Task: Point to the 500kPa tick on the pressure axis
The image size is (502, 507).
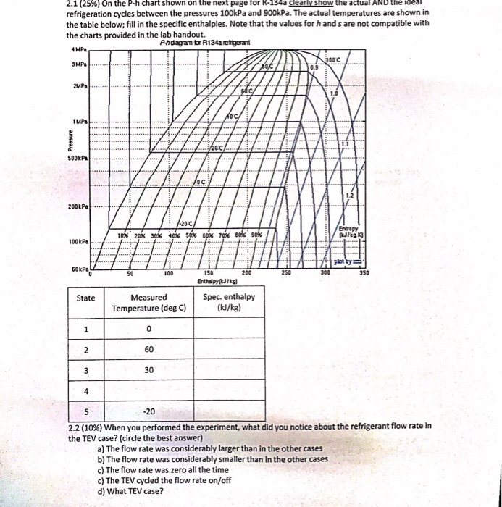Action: tap(77, 158)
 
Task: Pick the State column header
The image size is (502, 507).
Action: tap(85, 297)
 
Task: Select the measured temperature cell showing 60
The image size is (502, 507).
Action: tap(148, 351)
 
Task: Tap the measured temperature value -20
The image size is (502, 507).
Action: tap(148, 412)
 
